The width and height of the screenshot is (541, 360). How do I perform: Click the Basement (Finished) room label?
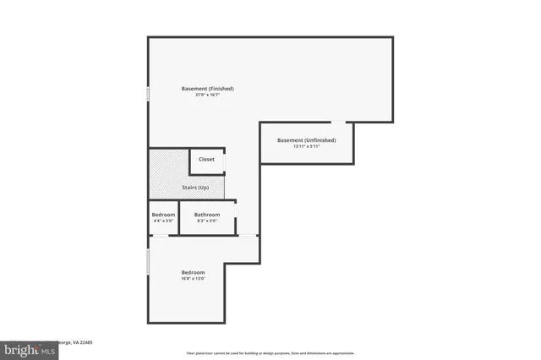208,89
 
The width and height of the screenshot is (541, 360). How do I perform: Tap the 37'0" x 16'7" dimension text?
208,95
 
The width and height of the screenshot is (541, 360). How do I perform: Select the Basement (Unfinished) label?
307,139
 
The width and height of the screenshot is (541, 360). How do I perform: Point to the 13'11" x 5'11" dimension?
307,146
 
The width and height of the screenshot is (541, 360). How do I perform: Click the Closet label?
206,159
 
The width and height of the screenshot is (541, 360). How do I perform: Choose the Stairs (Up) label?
195,187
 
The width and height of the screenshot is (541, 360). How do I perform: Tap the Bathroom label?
207,215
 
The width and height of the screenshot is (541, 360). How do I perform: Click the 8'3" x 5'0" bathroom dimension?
207,221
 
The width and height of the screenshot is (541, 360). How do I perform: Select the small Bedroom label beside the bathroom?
163,215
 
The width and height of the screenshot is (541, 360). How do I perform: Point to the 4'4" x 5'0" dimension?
163,221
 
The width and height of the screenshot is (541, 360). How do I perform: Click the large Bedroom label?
193,272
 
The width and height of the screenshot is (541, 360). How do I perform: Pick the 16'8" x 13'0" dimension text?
193,279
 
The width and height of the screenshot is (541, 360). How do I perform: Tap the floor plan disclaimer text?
270,352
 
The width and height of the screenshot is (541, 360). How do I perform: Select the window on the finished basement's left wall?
149,94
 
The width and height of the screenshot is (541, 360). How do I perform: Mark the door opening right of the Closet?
226,161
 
